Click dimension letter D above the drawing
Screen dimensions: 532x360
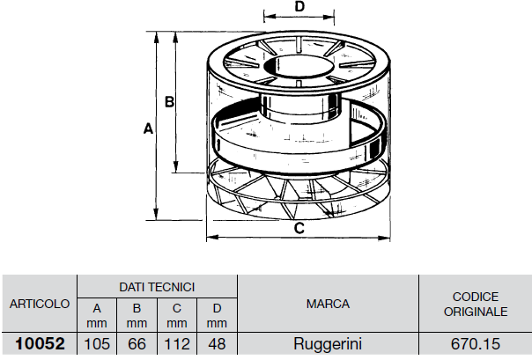point(299,6)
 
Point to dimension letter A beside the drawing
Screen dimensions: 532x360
point(148,129)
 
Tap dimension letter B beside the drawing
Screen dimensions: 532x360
point(169,102)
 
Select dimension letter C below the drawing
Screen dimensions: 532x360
point(299,228)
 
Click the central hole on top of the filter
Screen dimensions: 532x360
point(299,67)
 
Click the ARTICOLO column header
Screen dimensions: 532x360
point(40,304)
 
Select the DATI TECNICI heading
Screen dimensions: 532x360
point(157,287)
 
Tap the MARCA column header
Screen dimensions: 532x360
point(328,304)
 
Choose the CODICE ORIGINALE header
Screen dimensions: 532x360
point(476,304)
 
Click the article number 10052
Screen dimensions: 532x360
point(40,344)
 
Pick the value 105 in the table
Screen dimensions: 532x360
point(97,344)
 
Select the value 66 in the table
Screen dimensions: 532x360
point(137,344)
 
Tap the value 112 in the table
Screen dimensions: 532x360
point(177,344)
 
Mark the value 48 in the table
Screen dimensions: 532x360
point(217,344)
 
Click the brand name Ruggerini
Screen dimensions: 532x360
point(328,344)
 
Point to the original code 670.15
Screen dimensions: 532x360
point(476,344)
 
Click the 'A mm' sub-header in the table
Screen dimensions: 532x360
point(97,316)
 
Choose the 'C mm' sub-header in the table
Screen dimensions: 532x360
point(177,316)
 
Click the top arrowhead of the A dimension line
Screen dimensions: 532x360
point(156,37)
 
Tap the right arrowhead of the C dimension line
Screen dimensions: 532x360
point(384,238)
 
